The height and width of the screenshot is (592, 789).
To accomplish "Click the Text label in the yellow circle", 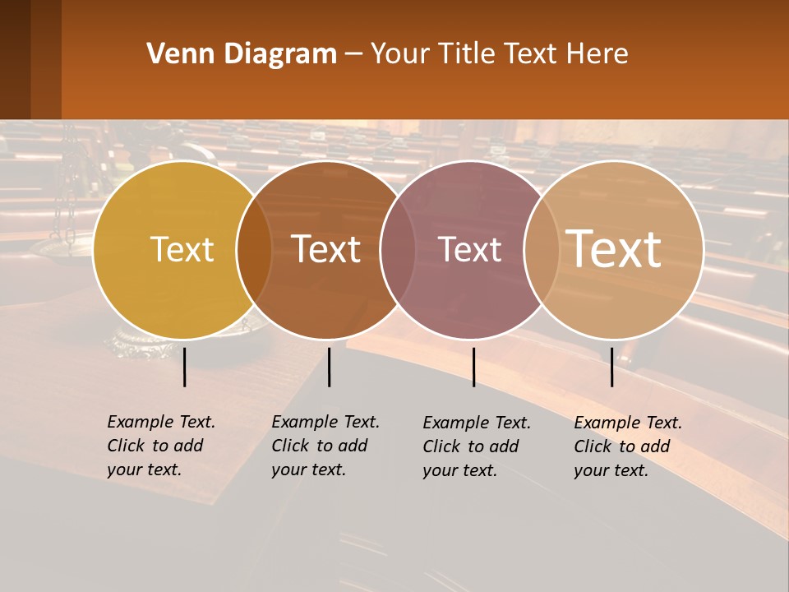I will point(182,249).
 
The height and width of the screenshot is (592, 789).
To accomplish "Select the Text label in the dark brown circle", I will point(326,249).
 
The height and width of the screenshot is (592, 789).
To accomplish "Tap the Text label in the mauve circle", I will point(470,249).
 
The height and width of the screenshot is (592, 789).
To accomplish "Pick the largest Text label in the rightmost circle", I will point(614,248).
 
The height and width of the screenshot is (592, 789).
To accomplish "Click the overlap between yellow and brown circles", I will point(254,250).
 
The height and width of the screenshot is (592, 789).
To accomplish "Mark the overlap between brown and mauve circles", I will point(398,250).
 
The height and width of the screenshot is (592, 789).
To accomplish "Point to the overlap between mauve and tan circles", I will point(542,250).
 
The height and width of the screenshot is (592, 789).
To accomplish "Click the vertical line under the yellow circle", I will point(185,367).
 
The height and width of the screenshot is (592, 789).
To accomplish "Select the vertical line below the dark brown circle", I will point(329,367).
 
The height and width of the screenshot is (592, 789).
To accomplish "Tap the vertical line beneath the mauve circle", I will point(473,367).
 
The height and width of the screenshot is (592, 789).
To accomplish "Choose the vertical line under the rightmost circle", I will point(611,367).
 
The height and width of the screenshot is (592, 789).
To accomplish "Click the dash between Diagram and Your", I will point(353,55).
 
